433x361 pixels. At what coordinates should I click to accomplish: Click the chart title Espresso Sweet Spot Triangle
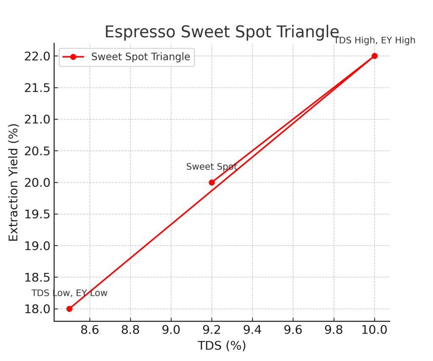(222, 32)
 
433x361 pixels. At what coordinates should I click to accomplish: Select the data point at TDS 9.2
(212, 182)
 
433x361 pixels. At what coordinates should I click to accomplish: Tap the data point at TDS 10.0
(375, 56)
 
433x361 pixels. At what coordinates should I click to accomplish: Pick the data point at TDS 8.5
(69, 309)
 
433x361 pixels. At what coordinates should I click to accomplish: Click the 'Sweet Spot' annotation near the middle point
(211, 167)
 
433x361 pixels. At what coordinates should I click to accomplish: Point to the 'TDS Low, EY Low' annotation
(69, 293)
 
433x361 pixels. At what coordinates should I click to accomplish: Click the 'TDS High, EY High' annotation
(375, 41)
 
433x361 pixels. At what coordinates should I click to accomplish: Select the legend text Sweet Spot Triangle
(141, 57)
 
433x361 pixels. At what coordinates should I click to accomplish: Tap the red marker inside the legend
(73, 57)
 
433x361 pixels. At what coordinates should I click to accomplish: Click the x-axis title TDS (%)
(222, 346)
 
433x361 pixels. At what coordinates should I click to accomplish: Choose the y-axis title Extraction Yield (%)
(14, 182)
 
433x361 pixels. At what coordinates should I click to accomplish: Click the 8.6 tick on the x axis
(90, 330)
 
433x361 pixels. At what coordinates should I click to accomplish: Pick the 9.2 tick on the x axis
(212, 330)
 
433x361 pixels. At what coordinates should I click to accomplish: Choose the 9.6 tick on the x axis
(293, 330)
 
